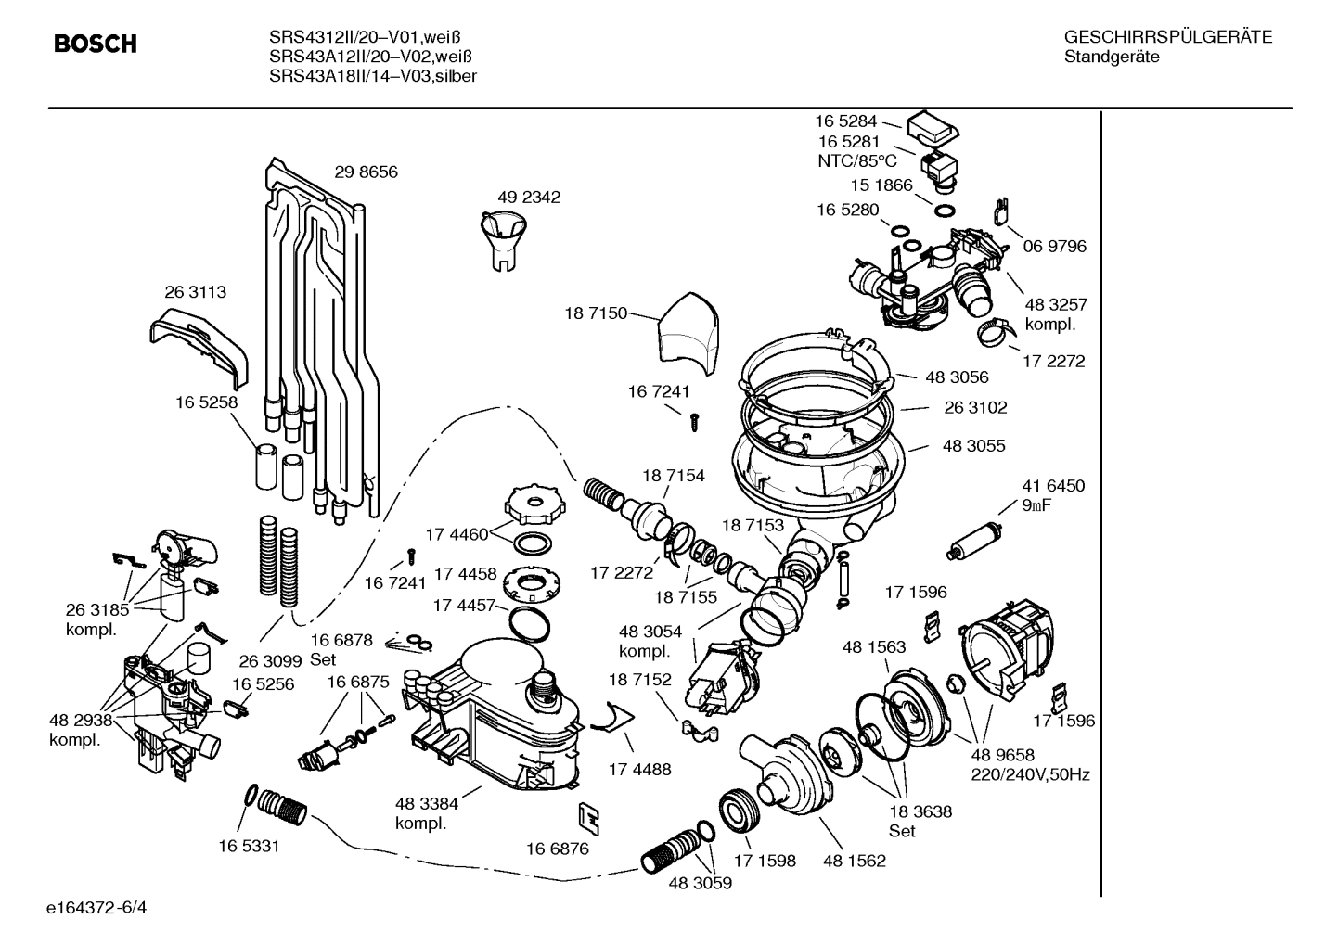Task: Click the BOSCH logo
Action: click(x=96, y=44)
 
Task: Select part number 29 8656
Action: click(x=366, y=172)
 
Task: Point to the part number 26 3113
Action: click(x=195, y=292)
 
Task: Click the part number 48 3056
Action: click(x=957, y=377)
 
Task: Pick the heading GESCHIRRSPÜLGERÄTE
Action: click(x=1167, y=37)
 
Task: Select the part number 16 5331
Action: click(x=249, y=846)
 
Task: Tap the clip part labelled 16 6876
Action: click(x=588, y=817)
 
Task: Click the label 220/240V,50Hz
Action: click(x=1030, y=774)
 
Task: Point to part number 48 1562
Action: click(x=854, y=861)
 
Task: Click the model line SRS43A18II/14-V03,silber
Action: click(x=373, y=77)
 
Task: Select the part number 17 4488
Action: click(x=639, y=769)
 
